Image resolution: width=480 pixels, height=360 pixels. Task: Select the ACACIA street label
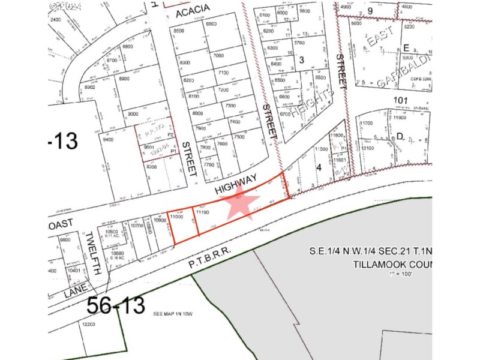(x=192, y=7)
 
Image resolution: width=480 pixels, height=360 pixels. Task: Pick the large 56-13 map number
(x=115, y=305)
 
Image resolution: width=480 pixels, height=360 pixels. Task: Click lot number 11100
(x=203, y=212)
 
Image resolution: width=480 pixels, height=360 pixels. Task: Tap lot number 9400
(x=108, y=139)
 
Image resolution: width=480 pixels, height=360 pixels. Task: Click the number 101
(x=400, y=100)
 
